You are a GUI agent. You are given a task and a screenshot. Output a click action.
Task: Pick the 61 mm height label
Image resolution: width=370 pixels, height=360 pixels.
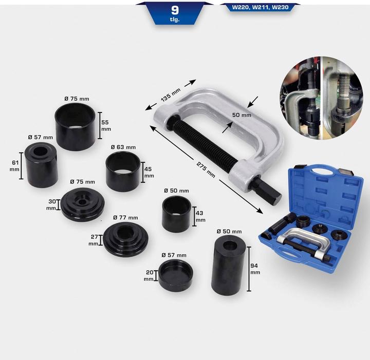click(14, 165)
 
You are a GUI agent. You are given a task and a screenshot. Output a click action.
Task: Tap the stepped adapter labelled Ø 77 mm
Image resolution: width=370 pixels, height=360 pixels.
click(124, 239)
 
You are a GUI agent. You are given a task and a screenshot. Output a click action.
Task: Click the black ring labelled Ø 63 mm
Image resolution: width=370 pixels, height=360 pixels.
click(123, 170)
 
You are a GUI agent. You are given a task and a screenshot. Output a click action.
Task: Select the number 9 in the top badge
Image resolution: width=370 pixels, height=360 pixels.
click(175, 9)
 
